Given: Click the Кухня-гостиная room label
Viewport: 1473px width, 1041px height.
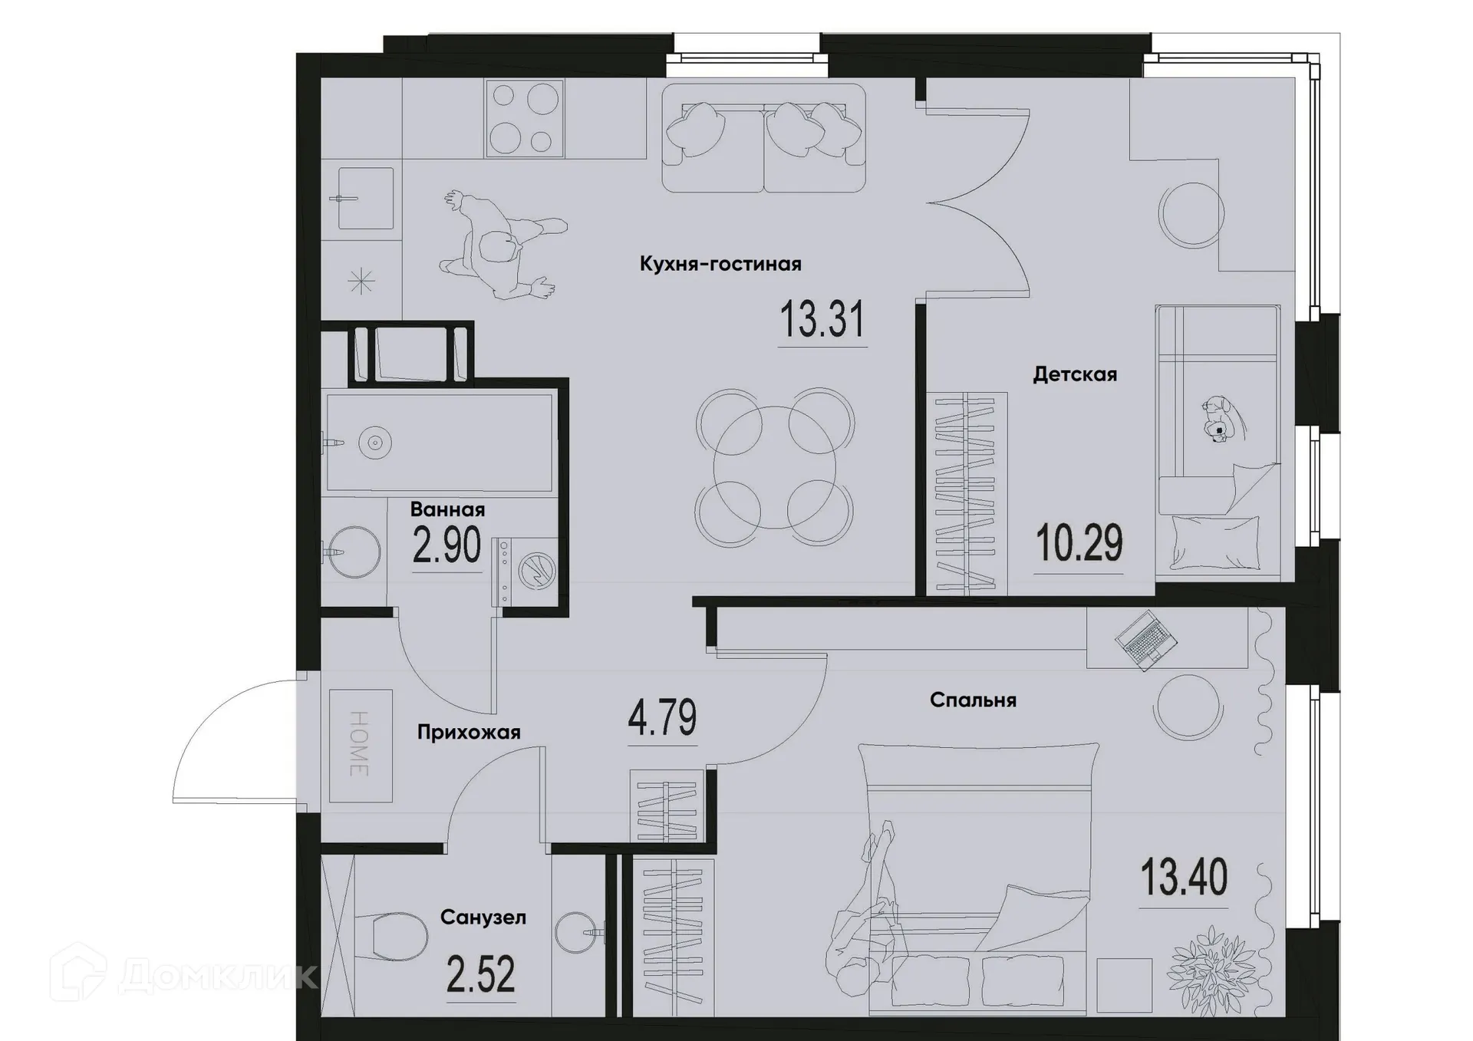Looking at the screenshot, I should click(720, 265).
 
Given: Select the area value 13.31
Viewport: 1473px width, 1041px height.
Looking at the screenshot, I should click(822, 320).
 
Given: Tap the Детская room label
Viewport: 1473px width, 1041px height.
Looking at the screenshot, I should click(1074, 374).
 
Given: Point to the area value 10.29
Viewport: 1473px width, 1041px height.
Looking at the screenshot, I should click(1079, 544).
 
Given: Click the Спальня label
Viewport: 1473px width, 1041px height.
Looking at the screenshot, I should click(973, 700).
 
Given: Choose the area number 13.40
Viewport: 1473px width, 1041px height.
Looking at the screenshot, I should click(1183, 878).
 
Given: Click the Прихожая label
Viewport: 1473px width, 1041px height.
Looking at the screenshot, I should click(469, 732).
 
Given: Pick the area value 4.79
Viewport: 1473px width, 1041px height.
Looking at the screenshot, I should click(662, 717).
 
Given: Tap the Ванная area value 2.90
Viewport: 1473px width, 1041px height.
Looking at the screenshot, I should click(447, 545).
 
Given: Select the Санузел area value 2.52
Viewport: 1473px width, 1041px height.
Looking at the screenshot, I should click(480, 974).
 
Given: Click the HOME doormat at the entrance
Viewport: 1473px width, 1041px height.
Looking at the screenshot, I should click(361, 745).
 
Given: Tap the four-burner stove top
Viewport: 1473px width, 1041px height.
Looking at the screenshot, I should click(524, 119).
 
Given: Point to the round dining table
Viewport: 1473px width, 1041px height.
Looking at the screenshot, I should click(774, 468).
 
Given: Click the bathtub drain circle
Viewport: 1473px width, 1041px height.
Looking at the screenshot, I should click(375, 443).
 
